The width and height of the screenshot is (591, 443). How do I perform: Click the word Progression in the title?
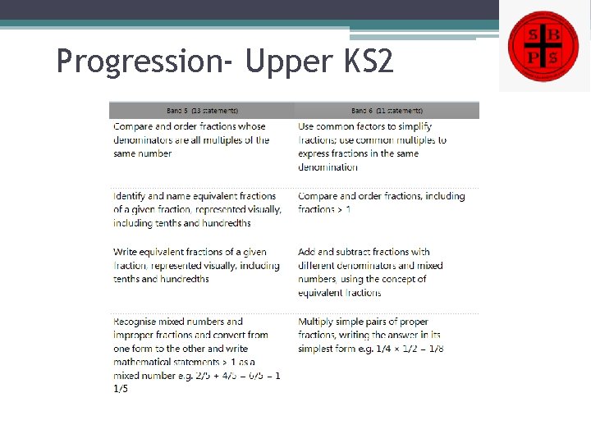coord(142,61)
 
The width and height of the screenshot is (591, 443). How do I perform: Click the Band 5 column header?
coord(202,110)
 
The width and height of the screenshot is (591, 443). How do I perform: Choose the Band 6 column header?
coord(387,110)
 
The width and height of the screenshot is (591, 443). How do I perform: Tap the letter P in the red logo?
coord(532,56)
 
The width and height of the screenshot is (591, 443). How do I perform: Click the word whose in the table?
coord(252,126)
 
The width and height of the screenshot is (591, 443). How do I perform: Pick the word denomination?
coord(328,167)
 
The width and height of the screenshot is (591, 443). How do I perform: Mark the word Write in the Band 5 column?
coord(126,252)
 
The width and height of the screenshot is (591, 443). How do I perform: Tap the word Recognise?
coord(137,322)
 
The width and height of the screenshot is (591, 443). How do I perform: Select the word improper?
coord(135,335)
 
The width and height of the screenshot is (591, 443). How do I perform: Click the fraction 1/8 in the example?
coord(435,349)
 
